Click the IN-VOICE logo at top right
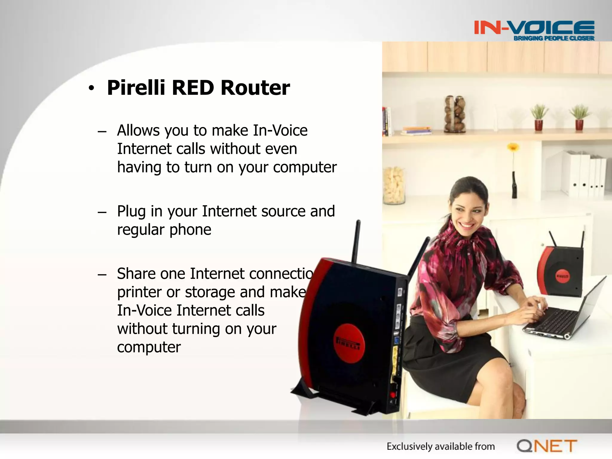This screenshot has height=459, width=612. tap(534, 28)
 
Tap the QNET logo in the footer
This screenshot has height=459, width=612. tap(547, 446)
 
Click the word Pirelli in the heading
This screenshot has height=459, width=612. tap(136, 88)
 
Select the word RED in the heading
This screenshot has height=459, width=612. tap(193, 88)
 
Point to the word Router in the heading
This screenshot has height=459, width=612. tap(255, 88)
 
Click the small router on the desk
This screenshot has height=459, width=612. tap(561, 271)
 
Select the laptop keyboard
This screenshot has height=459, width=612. tap(553, 321)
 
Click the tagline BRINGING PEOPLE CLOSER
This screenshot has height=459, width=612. tap(554, 38)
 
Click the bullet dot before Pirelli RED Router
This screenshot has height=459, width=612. tap(91, 88)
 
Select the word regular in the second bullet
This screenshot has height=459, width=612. tap(141, 230)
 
